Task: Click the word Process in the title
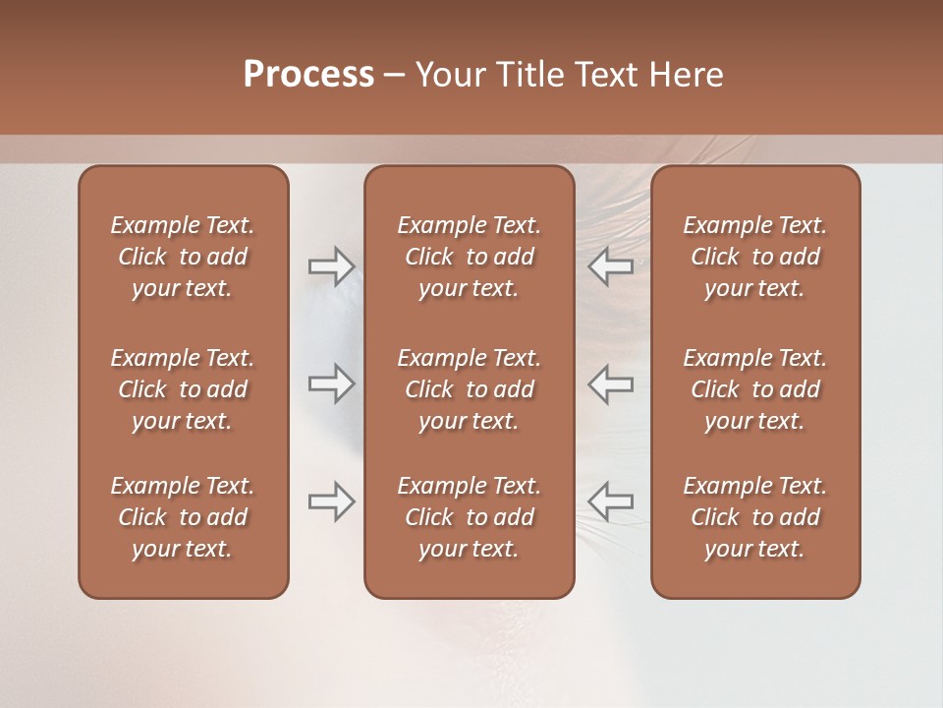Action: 308,75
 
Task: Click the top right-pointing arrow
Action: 331,266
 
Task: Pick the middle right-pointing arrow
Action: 331,383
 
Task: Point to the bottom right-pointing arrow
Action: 331,501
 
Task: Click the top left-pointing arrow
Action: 611,266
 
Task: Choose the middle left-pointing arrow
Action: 611,383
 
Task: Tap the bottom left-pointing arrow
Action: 611,501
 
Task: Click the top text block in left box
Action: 183,257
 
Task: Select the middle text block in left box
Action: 183,389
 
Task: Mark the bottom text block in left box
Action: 183,517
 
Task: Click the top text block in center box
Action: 469,257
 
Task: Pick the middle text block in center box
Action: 469,389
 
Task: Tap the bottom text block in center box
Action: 469,517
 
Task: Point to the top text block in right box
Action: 755,257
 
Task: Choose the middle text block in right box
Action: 755,389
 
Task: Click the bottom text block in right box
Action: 755,517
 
